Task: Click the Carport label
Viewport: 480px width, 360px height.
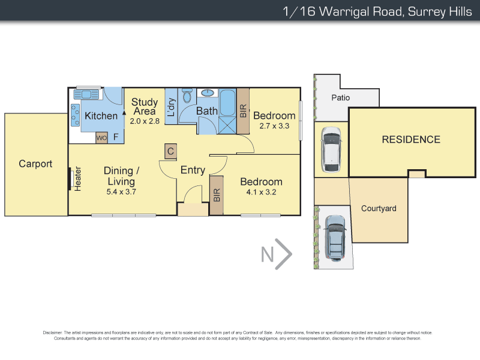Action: (35, 163)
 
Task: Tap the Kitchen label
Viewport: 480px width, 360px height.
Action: (101, 116)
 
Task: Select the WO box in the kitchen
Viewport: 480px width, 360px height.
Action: (101, 137)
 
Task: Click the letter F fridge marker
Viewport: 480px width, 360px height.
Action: (115, 136)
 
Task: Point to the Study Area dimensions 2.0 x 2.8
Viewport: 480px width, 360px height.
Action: (145, 121)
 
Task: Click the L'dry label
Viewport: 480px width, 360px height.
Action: (171, 107)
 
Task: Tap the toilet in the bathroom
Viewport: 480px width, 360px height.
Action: (187, 96)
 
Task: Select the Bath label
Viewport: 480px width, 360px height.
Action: (207, 111)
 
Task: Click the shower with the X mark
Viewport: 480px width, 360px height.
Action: (227, 125)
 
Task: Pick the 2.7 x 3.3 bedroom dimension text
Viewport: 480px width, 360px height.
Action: (274, 127)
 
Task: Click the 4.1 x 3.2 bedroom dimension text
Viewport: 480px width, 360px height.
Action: (261, 193)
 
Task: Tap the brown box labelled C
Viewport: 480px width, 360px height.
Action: (170, 151)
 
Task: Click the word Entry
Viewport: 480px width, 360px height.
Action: (193, 170)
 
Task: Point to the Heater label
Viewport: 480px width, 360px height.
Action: (78, 179)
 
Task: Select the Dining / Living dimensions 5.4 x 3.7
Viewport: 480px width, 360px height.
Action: (122, 192)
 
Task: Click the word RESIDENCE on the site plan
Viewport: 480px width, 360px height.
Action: (411, 140)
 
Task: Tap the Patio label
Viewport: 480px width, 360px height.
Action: (340, 98)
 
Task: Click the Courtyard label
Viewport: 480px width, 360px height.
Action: (379, 209)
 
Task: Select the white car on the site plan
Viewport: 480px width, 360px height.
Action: (331, 149)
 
